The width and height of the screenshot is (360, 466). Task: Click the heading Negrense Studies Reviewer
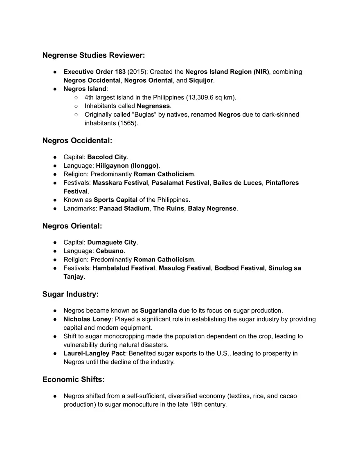[93, 55]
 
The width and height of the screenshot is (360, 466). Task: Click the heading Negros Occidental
[77, 141]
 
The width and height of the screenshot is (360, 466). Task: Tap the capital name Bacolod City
[107, 157]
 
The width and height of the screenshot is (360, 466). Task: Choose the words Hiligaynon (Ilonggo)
[127, 166]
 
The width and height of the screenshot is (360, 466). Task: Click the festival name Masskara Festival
[120, 183]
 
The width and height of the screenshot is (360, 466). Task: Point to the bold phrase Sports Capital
[115, 200]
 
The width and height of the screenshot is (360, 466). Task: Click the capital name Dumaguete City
[112, 243]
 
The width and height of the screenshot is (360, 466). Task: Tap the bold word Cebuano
[110, 251]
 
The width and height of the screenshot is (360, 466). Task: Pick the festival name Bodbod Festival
[239, 268]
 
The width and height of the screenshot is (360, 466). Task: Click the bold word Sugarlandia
[158, 311]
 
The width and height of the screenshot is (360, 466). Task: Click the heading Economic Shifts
[73, 380]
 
